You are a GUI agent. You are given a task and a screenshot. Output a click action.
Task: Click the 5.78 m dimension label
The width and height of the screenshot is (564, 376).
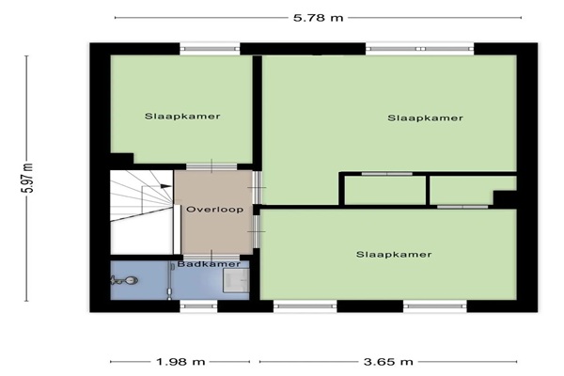[319, 17]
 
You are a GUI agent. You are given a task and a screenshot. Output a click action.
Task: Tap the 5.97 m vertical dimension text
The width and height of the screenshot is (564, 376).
[29, 178]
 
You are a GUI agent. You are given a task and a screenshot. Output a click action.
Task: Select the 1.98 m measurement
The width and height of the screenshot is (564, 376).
[180, 362]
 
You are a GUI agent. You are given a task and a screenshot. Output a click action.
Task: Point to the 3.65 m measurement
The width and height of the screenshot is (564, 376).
[388, 362]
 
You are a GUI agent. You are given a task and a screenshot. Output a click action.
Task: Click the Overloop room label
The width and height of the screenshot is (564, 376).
[214, 210]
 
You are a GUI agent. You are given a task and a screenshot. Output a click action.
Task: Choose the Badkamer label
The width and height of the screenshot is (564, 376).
[209, 264]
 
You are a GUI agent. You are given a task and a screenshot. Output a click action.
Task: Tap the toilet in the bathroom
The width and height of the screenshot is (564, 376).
[124, 280]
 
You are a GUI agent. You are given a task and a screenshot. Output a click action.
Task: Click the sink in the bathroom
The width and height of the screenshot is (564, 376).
[236, 280]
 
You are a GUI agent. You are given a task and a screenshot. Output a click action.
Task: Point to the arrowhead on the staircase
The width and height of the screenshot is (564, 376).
[165, 186]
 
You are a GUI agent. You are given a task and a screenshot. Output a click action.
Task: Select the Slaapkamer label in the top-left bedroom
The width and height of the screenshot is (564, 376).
[182, 117]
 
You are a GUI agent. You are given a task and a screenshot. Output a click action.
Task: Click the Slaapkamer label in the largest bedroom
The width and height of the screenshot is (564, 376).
[425, 118]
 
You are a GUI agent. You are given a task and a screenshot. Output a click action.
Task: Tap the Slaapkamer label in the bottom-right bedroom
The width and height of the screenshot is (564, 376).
[394, 255]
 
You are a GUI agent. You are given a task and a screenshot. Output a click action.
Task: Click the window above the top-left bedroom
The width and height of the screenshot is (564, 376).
[210, 49]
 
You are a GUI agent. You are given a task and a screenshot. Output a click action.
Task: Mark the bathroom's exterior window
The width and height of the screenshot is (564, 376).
[198, 305]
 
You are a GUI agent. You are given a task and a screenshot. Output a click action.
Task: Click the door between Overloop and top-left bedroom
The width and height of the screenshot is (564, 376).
[211, 166]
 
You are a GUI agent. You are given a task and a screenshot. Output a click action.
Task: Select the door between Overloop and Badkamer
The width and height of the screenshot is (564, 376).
[211, 257]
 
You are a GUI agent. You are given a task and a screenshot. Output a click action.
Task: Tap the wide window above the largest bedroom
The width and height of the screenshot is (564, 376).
[420, 49]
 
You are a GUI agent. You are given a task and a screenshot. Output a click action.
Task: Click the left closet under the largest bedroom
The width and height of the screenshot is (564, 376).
[384, 190]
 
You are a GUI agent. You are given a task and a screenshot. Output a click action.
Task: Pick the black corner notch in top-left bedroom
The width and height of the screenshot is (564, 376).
[121, 158]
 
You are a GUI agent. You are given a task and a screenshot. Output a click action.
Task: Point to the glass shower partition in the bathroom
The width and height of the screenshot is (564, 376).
[169, 281]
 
